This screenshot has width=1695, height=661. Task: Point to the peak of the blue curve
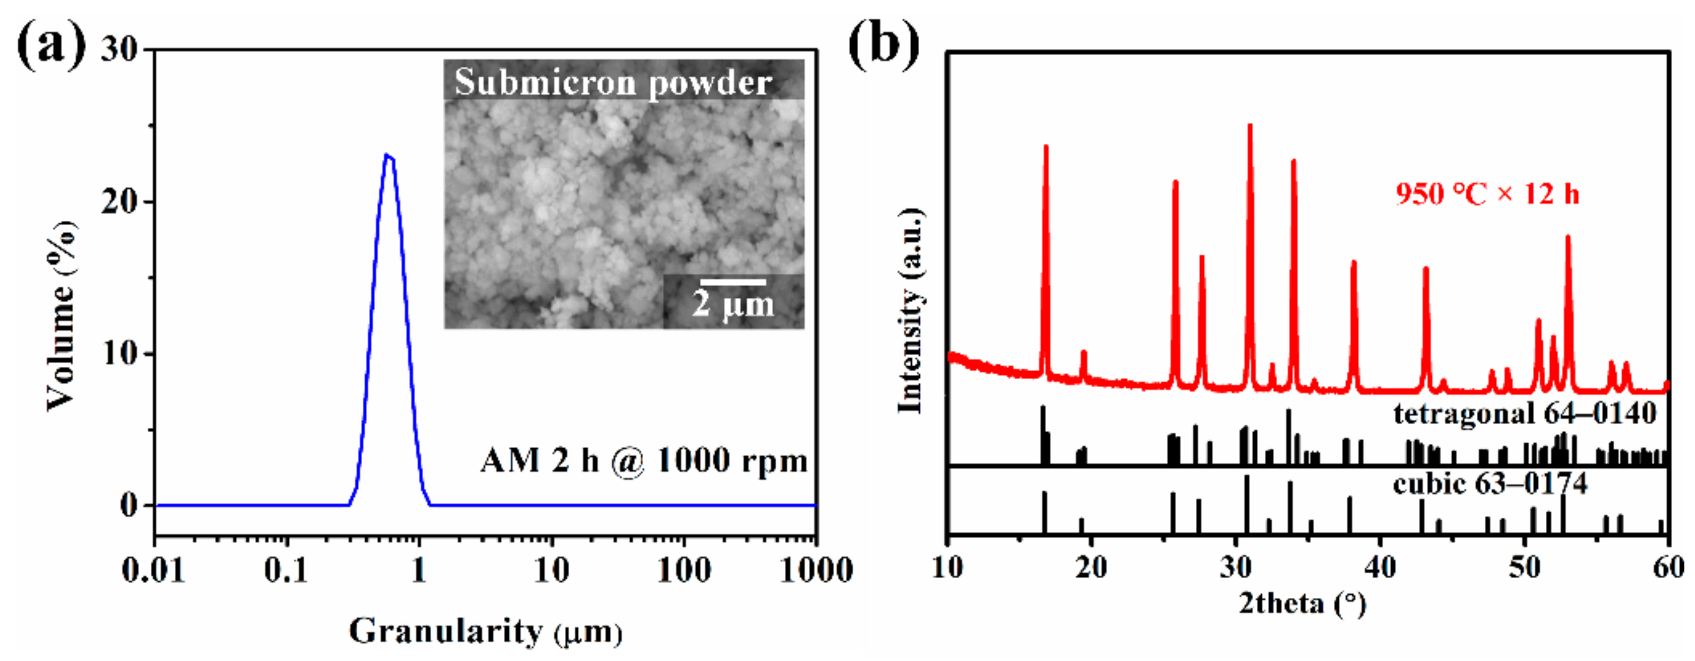pyautogui.click(x=388, y=156)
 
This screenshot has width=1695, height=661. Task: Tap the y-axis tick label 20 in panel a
pyautogui.click(x=119, y=201)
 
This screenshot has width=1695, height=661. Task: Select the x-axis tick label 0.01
pyautogui.click(x=153, y=570)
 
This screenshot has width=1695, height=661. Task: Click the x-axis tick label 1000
pyautogui.click(x=816, y=570)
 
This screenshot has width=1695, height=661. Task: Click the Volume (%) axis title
pyautogui.click(x=61, y=316)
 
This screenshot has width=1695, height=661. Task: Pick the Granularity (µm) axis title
pyautogui.click(x=485, y=631)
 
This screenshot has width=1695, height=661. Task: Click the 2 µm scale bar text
pyautogui.click(x=732, y=304)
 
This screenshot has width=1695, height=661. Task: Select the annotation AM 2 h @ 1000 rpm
pyautogui.click(x=644, y=460)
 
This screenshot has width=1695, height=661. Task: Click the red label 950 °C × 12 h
pyautogui.click(x=1487, y=194)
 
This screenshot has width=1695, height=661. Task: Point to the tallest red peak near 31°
pyautogui.click(x=1249, y=126)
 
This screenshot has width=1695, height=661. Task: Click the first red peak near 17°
pyautogui.click(x=1046, y=147)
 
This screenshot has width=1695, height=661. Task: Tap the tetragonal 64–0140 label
pyautogui.click(x=1524, y=414)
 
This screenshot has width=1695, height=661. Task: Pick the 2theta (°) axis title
pyautogui.click(x=1302, y=603)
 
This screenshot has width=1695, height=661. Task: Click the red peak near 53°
pyautogui.click(x=1568, y=237)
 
